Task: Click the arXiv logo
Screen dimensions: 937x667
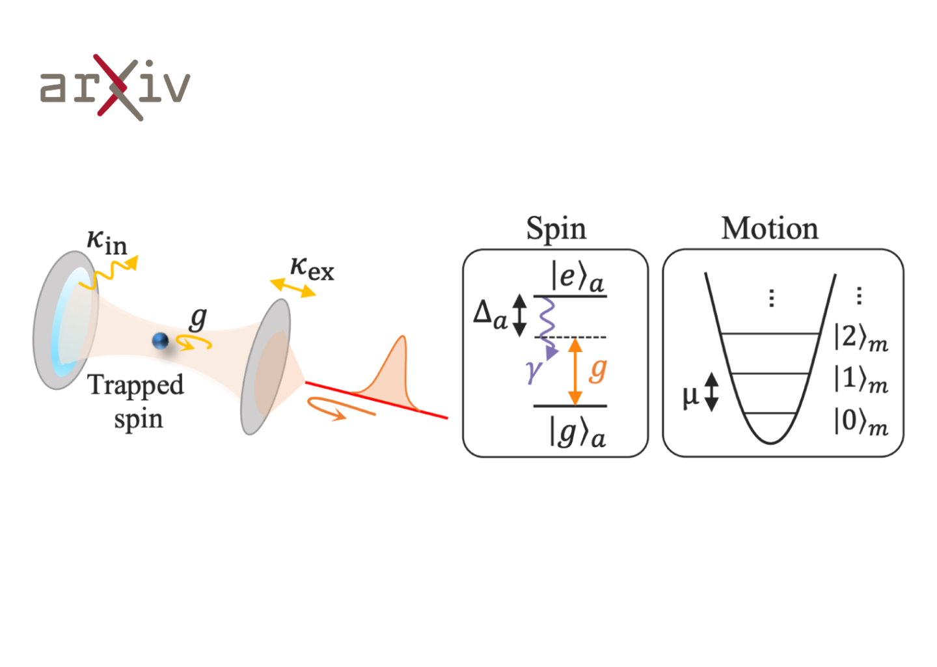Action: pyautogui.click(x=115, y=87)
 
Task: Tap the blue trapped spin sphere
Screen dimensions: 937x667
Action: pyautogui.click(x=160, y=341)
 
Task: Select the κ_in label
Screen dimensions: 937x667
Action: pyautogui.click(x=107, y=243)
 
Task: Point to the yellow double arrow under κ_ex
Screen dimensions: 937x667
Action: pyautogui.click(x=293, y=288)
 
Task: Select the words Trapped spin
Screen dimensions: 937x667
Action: pyautogui.click(x=135, y=401)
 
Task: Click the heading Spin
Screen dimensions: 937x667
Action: pyautogui.click(x=556, y=229)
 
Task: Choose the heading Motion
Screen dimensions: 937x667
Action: pyautogui.click(x=770, y=228)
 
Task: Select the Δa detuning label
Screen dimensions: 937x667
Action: pyautogui.click(x=490, y=316)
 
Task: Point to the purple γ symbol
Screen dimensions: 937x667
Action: pyautogui.click(x=534, y=371)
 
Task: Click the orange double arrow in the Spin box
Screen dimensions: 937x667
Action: pyautogui.click(x=575, y=372)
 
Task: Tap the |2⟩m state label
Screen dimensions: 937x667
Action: pyautogui.click(x=861, y=338)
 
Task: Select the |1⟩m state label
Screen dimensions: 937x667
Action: pyautogui.click(x=861, y=379)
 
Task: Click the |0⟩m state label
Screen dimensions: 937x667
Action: pyautogui.click(x=861, y=422)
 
